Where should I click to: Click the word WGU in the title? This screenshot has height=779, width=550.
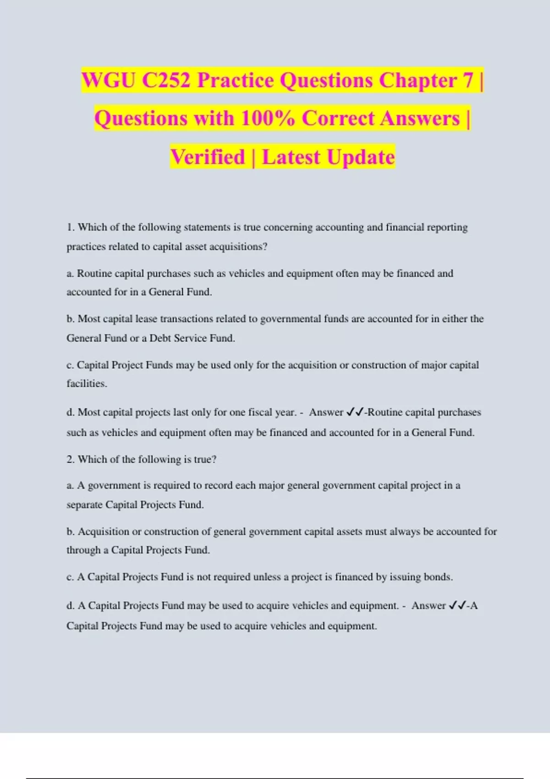109,81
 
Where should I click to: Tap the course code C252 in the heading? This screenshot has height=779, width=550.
165,81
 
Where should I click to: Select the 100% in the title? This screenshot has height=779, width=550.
268,118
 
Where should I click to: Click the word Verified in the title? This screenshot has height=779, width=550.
208,157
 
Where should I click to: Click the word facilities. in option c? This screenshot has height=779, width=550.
87,384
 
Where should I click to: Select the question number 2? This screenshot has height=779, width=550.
70,460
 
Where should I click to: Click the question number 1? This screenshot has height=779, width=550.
70,227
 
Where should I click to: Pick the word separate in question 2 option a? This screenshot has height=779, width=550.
84,505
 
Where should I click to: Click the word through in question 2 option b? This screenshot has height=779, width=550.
83,550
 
